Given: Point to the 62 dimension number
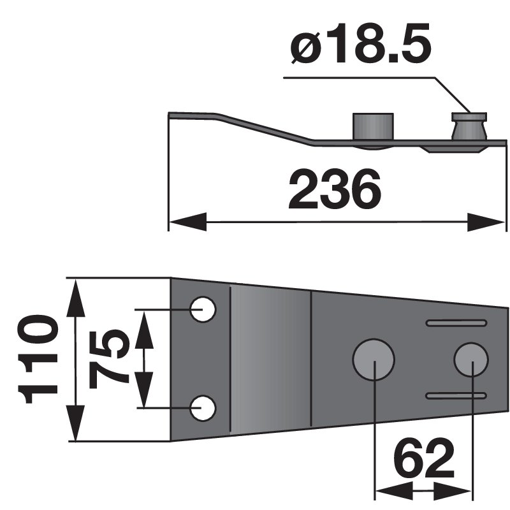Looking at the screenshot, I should tap(423, 458).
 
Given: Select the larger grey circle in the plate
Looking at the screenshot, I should tap(374, 359).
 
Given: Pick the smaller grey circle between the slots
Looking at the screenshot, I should tap(471, 359).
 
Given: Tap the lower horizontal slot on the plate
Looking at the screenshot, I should tap(454, 396).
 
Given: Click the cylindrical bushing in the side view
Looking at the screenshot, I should tap(373, 127).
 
